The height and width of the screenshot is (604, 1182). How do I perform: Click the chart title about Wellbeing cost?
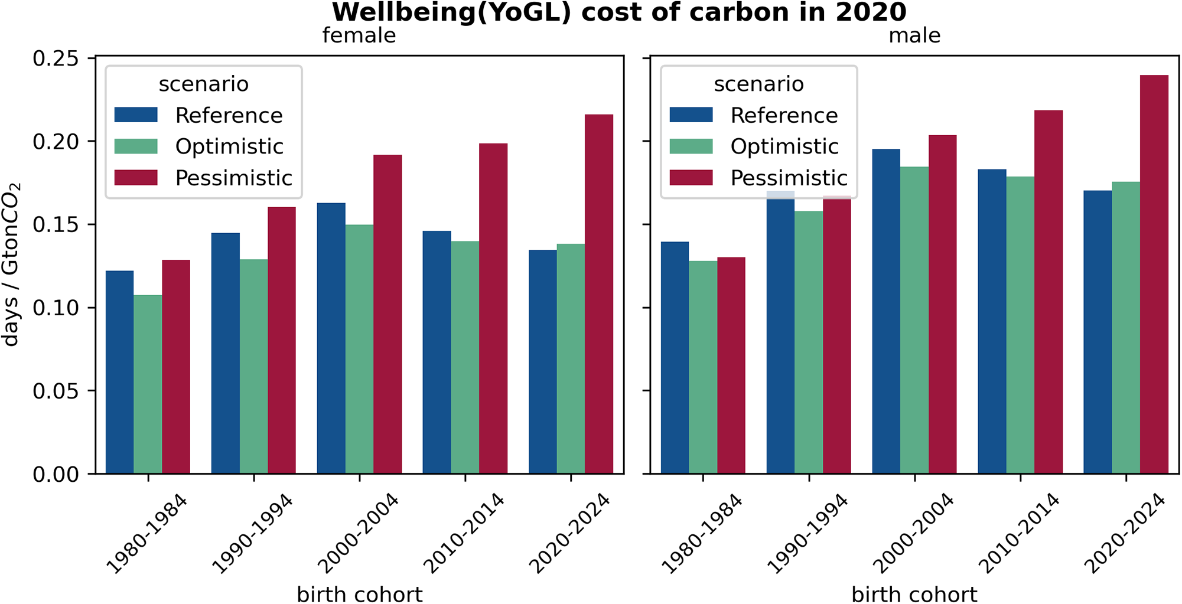618,12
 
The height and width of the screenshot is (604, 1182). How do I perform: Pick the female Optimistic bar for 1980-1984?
148,384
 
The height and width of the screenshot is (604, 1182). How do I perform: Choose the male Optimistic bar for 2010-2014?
1020,325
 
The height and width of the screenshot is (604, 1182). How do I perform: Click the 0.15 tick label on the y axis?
56,225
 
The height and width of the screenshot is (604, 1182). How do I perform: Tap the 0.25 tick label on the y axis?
56,58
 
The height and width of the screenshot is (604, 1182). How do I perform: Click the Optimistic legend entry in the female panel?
229,146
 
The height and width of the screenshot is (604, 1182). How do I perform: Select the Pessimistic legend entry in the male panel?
789,178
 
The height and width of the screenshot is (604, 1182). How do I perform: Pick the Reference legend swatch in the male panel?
691,115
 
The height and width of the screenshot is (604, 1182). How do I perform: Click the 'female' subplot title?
359,35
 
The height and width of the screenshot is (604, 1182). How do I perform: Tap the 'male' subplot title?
914,35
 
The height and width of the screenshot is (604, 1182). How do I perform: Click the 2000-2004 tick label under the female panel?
359,534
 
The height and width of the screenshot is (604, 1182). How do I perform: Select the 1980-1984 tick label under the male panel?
702,534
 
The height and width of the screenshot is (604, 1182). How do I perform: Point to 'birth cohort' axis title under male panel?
914,594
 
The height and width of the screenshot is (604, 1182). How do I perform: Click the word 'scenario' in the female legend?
203,84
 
